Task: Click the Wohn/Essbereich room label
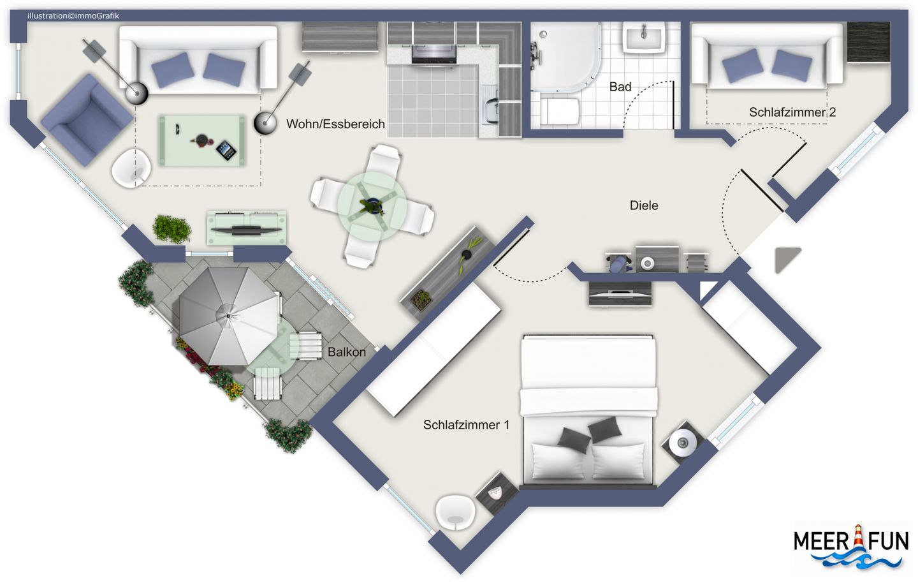(335, 124)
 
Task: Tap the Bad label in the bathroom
(620, 87)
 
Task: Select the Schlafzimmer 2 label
(792, 112)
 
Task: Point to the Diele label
(644, 205)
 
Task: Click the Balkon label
(347, 352)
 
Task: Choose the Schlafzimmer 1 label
(467, 425)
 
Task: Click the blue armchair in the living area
(87, 120)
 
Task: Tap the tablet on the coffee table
(226, 151)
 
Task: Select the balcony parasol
(229, 316)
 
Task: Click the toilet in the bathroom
(559, 111)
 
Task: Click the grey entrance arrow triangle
(787, 259)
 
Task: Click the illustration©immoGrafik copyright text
(73, 16)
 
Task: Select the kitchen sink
(491, 107)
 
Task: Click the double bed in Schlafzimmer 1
(588, 410)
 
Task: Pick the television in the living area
(246, 230)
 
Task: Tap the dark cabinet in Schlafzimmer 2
(868, 42)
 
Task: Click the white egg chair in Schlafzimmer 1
(455, 512)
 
